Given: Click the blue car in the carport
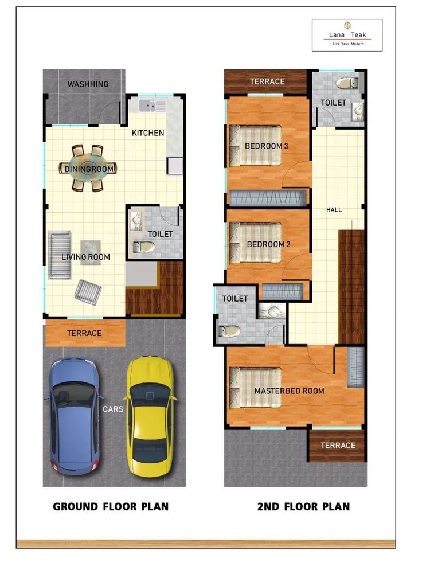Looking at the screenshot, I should coord(74,415).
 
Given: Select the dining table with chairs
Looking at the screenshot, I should coord(88,168).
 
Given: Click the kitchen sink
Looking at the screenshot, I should coord(152,105).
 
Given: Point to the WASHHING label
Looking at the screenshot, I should coord(88,84).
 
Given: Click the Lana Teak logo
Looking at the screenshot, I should coord(347,35).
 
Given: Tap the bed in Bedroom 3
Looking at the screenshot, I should coord(256,146).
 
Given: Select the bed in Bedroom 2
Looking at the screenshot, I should coord(256,243).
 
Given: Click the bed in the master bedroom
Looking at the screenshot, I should coord(256,388).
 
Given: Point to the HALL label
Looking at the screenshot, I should coord(334,210).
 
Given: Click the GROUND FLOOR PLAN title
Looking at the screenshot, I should coord(111,506).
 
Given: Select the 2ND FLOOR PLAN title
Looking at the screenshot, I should coord(303,506).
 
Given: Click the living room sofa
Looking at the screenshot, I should coord(60,255).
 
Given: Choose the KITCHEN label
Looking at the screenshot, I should coord(148,133).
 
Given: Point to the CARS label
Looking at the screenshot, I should coord(113,409).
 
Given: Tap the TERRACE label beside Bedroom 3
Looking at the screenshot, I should coord(267,81).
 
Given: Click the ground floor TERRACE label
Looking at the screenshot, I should coord(84,333).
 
